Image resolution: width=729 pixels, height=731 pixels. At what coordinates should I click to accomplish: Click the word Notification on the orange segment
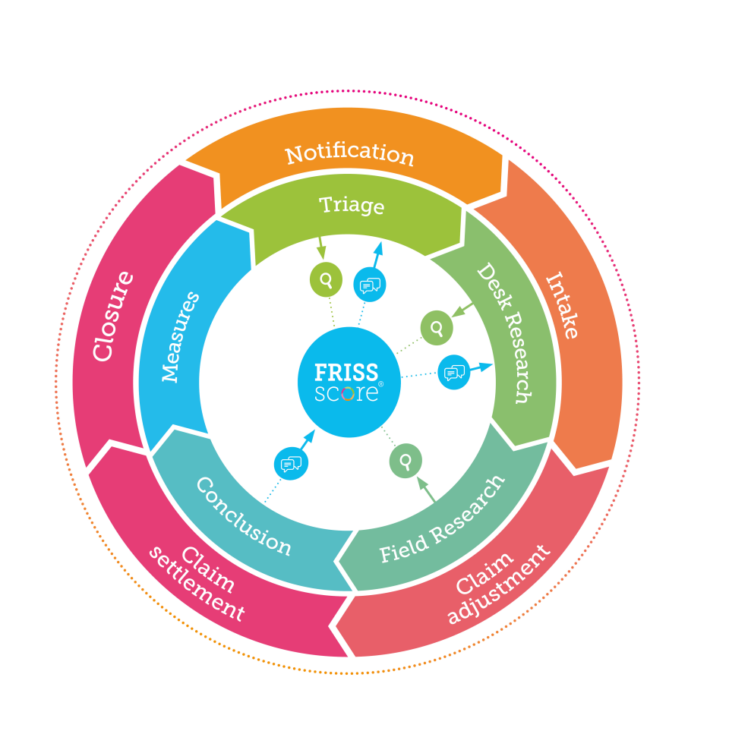[x=349, y=153]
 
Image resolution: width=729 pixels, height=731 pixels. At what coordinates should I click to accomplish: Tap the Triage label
[x=352, y=205]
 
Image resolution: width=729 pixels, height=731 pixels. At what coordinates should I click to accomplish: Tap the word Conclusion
[x=244, y=516]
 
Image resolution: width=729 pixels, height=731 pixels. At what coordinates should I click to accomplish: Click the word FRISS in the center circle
[x=346, y=373]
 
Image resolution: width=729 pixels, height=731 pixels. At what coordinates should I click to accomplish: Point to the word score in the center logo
[x=346, y=394]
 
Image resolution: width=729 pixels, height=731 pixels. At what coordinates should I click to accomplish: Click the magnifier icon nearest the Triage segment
[x=326, y=280]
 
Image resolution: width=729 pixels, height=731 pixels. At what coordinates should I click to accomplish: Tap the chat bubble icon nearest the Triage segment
[x=370, y=285]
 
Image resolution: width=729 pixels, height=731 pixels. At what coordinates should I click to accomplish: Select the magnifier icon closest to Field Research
[x=406, y=461]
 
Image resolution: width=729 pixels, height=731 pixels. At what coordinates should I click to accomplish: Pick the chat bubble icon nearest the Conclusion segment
[x=291, y=464]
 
